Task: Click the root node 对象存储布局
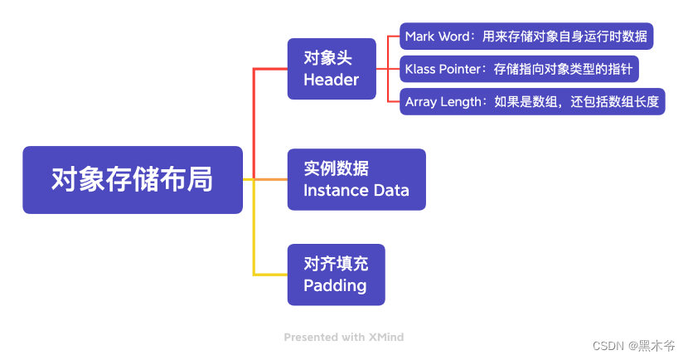click(133, 180)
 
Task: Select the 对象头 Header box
click(332, 69)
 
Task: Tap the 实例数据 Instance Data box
click(356, 179)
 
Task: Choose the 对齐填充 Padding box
click(336, 275)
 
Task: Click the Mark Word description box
click(526, 36)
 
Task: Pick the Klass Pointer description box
click(519, 69)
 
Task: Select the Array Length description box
click(532, 102)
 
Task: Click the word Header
click(332, 80)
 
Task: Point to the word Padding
click(335, 286)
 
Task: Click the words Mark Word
click(438, 36)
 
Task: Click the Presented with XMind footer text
click(343, 337)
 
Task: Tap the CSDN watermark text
click(633, 346)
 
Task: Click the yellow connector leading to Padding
click(254, 227)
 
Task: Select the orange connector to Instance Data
click(271, 179)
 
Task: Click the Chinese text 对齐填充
click(336, 264)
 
